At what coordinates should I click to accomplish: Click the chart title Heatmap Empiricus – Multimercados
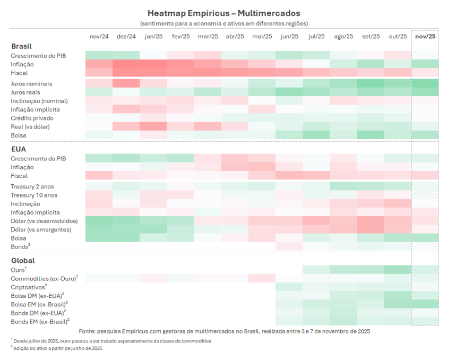pyautogui.click(x=223, y=12)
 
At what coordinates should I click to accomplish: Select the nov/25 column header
pyautogui.click(x=425, y=36)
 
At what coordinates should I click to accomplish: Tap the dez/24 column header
pyautogui.click(x=126, y=36)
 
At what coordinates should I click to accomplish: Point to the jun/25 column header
pyautogui.click(x=289, y=36)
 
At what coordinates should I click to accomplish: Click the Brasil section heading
pyautogui.click(x=21, y=46)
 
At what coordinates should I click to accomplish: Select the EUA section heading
pyautogui.click(x=19, y=149)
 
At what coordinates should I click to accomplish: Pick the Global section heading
pyautogui.click(x=23, y=261)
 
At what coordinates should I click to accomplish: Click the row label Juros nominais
pyautogui.click(x=31, y=84)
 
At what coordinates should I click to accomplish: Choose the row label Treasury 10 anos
pyautogui.click(x=33, y=195)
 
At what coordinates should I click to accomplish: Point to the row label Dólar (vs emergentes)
pyautogui.click(x=41, y=230)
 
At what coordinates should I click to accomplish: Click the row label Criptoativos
pyautogui.click(x=30, y=287)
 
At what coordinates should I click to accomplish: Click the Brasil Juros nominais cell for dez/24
pyautogui.click(x=126, y=84)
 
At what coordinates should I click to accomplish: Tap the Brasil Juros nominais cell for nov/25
pyautogui.click(x=425, y=84)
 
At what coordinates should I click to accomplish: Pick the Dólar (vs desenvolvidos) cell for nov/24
pyautogui.click(x=99, y=221)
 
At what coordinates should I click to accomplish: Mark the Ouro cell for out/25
pyautogui.click(x=398, y=270)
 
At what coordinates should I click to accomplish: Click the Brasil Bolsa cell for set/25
pyautogui.click(x=370, y=135)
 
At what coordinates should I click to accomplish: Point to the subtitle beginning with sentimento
pyautogui.click(x=223, y=23)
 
